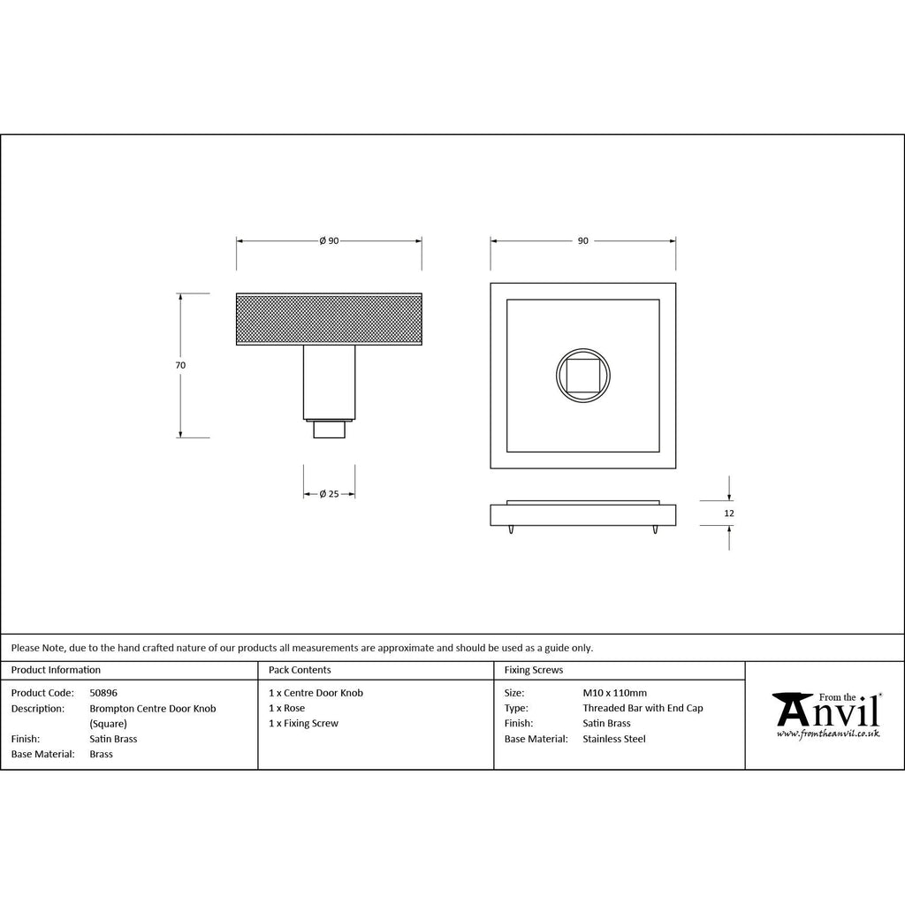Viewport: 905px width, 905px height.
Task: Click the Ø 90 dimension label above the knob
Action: pyautogui.click(x=329, y=240)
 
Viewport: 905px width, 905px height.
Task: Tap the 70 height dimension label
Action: pyautogui.click(x=180, y=365)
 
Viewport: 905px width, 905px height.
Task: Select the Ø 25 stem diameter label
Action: pyautogui.click(x=329, y=494)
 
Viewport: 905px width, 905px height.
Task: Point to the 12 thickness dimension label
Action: pyautogui.click(x=729, y=513)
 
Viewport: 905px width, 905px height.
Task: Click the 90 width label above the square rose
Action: pyautogui.click(x=583, y=240)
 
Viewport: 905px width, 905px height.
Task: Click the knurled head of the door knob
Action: pyautogui.click(x=329, y=319)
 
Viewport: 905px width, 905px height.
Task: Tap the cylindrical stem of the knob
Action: pyautogui.click(x=329, y=382)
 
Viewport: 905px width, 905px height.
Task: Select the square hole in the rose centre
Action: pyautogui.click(x=583, y=376)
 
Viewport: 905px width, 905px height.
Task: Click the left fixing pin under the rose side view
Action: pyautogui.click(x=512, y=529)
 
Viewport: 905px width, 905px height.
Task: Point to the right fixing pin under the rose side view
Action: pyautogui.click(x=655, y=529)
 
